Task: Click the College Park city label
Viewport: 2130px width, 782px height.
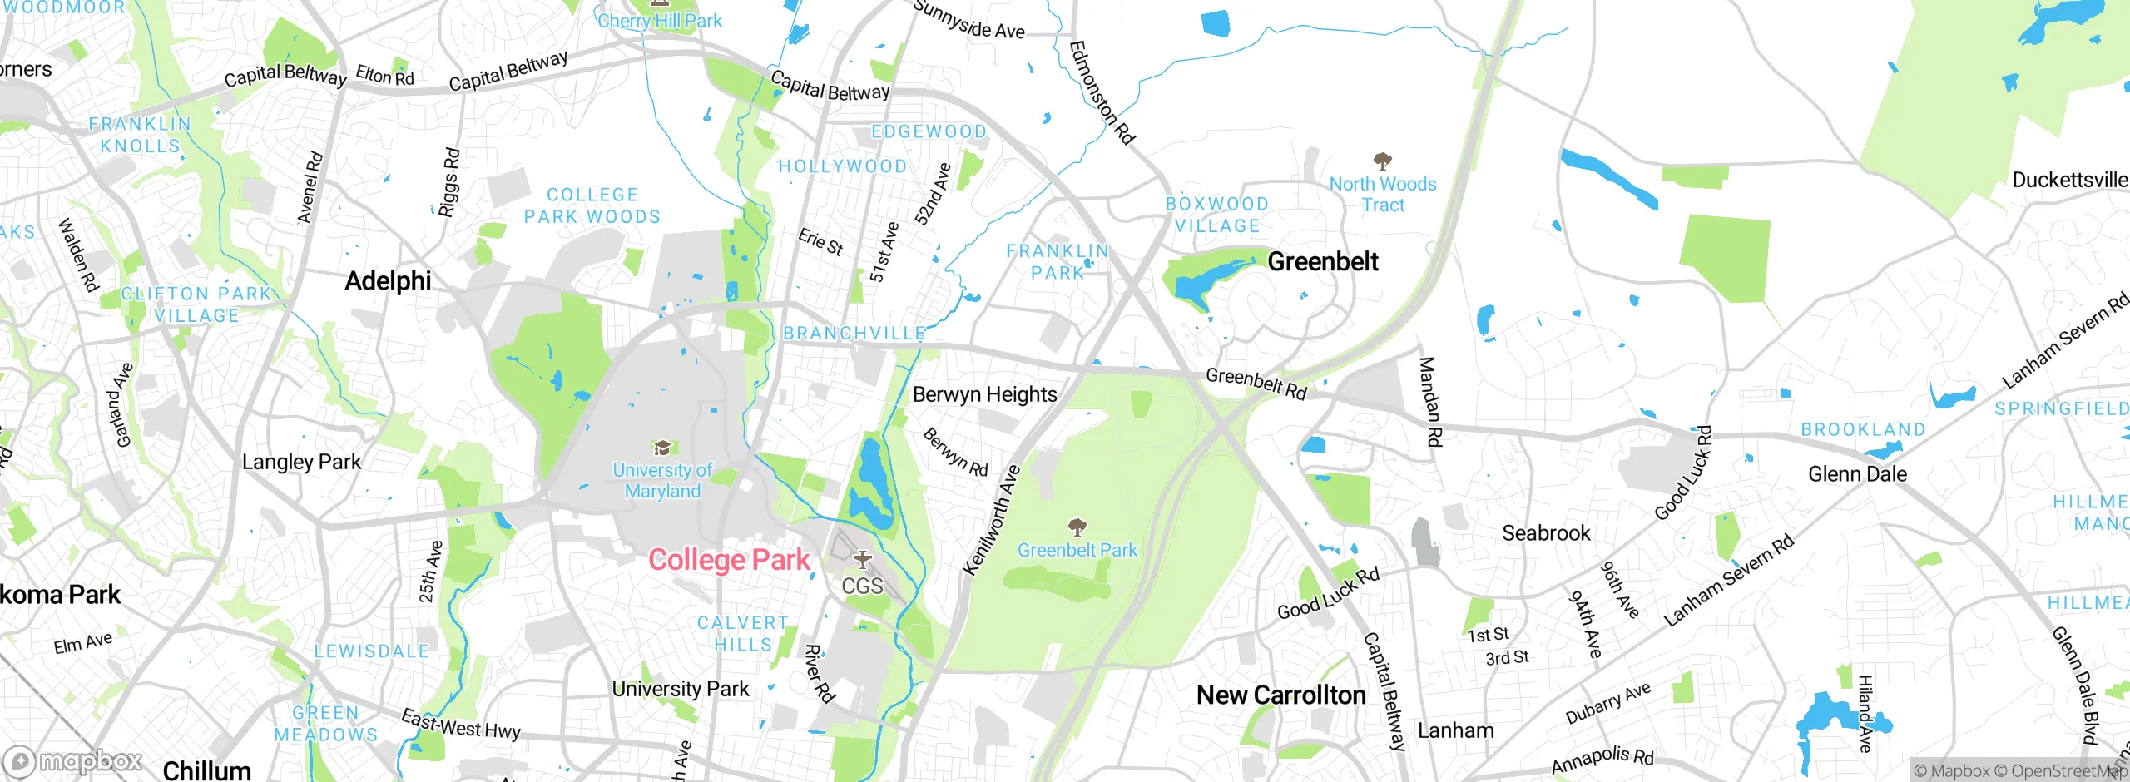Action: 729,560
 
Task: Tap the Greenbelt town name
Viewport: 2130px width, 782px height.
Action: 1322,261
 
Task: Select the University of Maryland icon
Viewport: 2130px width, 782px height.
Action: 662,448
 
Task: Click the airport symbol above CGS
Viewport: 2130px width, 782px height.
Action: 862,559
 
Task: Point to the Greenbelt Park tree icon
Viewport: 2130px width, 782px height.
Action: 1077,527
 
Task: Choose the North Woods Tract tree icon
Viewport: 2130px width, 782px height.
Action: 1383,161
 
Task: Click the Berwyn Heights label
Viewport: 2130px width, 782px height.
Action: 984,394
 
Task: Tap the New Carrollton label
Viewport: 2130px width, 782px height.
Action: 1280,695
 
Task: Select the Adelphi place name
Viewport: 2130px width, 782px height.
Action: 388,281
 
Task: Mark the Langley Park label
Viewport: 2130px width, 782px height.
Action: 301,462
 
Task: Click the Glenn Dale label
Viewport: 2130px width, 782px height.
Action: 1857,474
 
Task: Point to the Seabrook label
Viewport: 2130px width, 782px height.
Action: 1546,533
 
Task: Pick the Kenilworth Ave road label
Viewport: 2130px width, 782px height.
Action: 992,521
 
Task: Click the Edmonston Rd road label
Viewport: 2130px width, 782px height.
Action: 1102,92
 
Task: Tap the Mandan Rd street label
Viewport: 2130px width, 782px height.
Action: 1429,402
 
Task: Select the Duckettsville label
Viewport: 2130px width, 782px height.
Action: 2069,180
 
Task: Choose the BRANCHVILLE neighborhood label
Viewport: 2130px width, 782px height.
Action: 854,334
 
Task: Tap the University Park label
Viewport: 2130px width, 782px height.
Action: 681,689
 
